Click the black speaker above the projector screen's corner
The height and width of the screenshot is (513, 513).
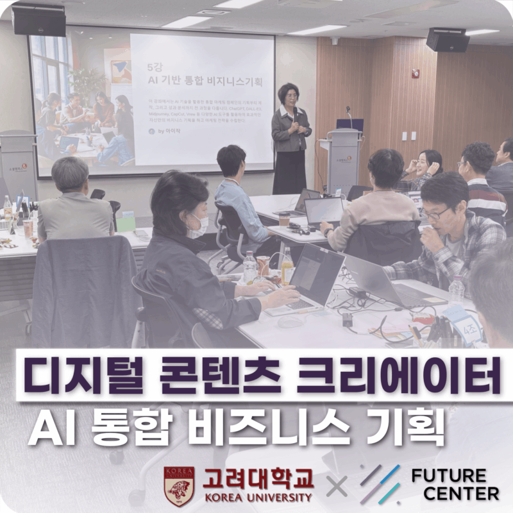click(38, 21)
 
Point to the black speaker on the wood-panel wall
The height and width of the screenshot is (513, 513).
click(447, 40)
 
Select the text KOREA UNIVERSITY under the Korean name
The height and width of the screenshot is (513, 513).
click(258, 497)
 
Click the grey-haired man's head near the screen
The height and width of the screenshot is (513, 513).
click(70, 174)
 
